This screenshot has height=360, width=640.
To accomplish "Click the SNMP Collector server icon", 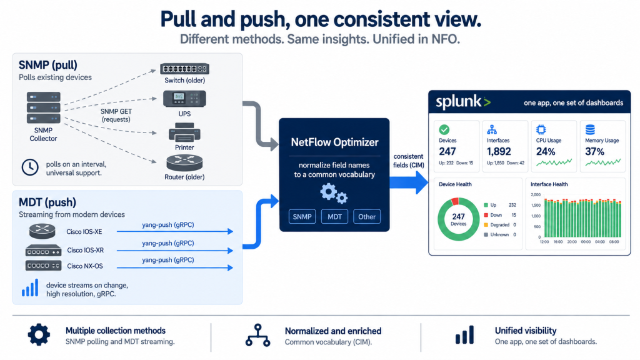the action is [44, 107].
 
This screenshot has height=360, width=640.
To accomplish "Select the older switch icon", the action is [185, 69].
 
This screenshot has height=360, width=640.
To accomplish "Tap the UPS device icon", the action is [184, 99].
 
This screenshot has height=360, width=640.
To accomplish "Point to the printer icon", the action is [184, 132].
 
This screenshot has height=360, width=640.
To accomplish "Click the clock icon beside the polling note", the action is [30, 167].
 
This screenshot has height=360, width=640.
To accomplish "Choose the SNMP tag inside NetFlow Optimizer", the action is [302, 217].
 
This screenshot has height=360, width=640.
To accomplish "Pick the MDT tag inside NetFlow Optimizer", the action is [335, 217].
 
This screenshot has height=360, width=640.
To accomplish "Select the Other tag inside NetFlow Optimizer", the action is [367, 217].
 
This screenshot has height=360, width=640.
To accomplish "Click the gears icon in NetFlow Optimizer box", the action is [334, 193].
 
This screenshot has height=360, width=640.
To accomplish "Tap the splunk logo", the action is [463, 102].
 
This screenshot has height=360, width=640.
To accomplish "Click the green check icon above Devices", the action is [444, 130].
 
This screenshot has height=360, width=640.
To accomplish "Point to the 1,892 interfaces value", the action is [499, 151].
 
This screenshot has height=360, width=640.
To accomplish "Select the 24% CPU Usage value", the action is [546, 152].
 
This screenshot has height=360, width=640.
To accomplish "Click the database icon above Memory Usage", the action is [590, 130].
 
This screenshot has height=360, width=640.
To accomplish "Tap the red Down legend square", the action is [486, 215].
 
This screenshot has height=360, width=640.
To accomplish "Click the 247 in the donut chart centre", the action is [458, 216].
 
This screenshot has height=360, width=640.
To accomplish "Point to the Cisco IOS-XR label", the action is [85, 250].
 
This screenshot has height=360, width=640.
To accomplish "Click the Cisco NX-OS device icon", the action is [43, 266].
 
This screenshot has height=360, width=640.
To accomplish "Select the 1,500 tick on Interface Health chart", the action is [536, 205].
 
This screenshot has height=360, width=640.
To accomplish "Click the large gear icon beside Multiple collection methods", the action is [39, 335].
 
